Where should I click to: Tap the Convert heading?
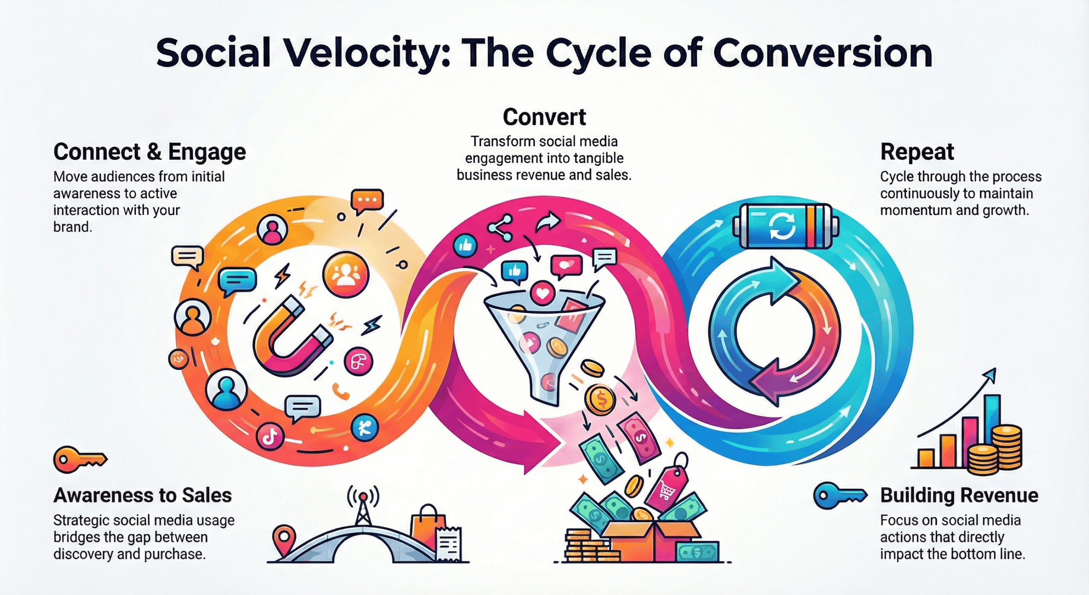click(544, 117)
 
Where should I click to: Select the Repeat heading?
click(918, 152)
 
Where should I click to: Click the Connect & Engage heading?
click(150, 152)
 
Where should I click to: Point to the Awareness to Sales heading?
click(143, 496)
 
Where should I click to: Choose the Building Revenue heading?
click(959, 496)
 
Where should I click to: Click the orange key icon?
click(80, 459)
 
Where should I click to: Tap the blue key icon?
click(840, 496)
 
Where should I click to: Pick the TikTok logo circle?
click(270, 436)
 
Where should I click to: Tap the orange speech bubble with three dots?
click(367, 201)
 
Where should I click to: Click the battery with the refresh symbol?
click(785, 226)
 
